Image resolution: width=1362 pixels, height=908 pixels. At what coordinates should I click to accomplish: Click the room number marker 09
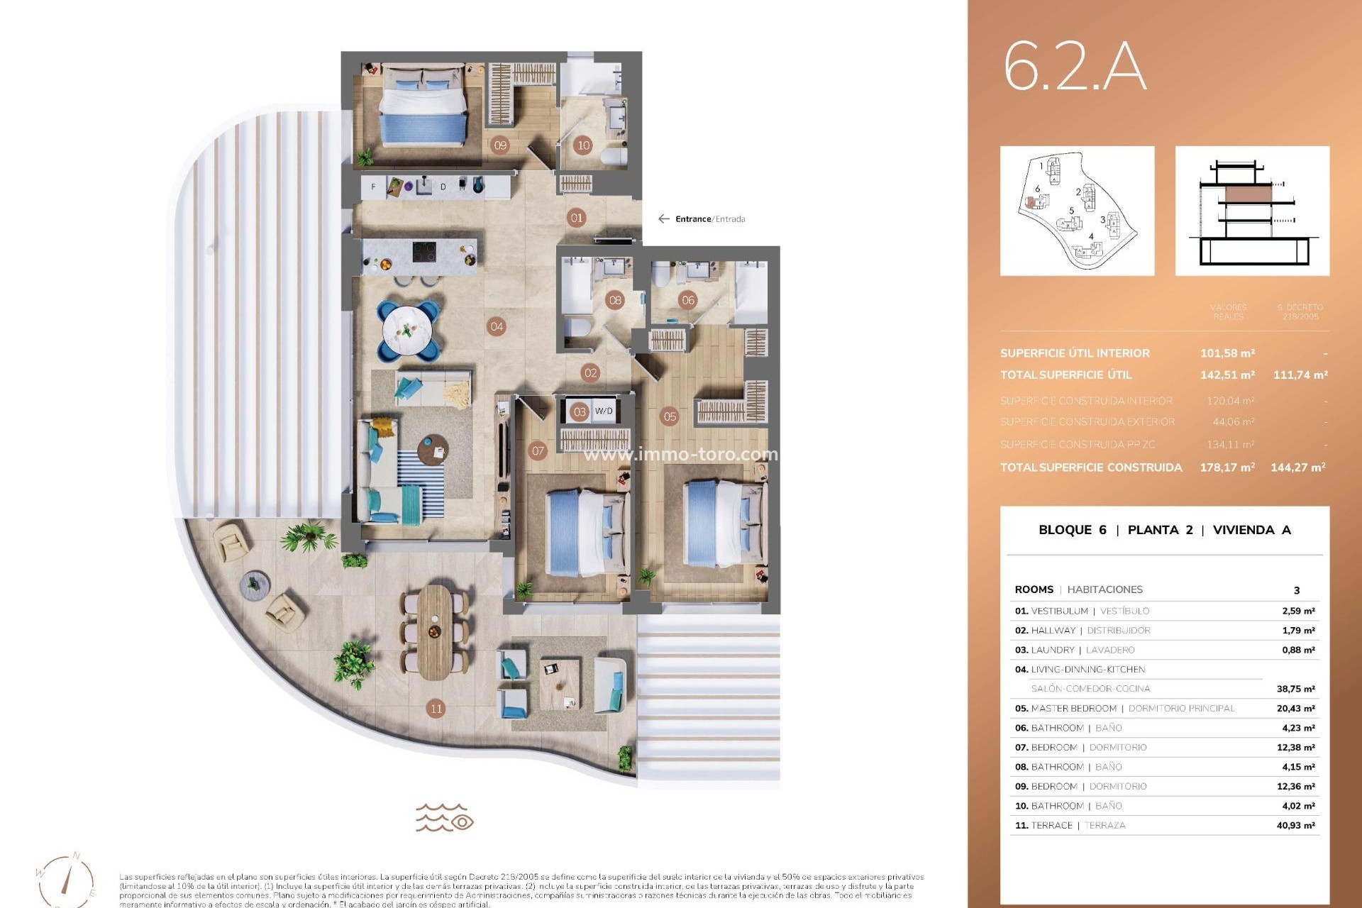[500, 145]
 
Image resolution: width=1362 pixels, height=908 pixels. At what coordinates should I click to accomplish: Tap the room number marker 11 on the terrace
[436, 708]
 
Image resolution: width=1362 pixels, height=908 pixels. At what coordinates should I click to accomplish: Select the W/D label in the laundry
[604, 411]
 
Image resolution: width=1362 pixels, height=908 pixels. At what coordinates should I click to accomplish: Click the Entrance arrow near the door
[664, 219]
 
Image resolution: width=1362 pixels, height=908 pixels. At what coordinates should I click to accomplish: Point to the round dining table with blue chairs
[407, 330]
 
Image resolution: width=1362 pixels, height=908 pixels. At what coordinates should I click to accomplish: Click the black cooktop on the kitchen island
[425, 252]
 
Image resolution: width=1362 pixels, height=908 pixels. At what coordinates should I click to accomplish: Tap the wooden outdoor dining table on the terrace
[434, 630]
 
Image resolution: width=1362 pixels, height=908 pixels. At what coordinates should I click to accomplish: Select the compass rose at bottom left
[66, 880]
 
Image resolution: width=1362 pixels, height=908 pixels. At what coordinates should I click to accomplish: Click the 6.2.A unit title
[1074, 67]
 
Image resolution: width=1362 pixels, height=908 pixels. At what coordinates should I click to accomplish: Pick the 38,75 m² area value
[1295, 689]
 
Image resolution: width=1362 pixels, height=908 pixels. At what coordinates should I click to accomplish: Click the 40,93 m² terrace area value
[1295, 826]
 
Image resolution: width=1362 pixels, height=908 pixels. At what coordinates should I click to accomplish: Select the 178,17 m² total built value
[1227, 467]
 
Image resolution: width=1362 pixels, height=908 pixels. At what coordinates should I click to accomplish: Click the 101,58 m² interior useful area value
[1227, 353]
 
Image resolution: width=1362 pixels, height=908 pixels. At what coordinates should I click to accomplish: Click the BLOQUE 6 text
[1072, 530]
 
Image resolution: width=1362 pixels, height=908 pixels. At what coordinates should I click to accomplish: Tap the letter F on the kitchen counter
[374, 187]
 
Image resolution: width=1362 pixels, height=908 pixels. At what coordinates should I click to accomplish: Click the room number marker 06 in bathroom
[687, 300]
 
